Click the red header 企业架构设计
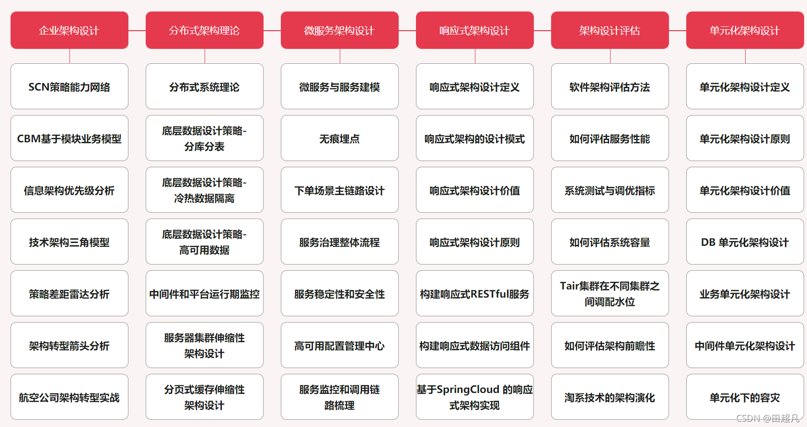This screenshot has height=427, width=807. (69, 31)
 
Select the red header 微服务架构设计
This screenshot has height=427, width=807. (339, 31)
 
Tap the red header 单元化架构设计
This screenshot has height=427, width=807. (745, 31)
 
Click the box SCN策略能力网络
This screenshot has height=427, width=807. (69, 87)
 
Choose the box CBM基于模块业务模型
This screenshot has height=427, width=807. (69, 138)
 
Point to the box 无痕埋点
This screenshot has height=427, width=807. (339, 138)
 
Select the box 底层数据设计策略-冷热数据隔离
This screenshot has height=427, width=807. (205, 190)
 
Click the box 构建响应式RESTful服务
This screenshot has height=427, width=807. (474, 294)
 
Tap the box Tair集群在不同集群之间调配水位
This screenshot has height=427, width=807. (610, 294)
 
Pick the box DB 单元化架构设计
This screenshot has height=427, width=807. (745, 242)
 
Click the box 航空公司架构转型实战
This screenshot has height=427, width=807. (69, 397)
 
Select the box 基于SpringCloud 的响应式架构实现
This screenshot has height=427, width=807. (474, 397)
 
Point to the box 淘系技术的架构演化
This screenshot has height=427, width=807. (610, 397)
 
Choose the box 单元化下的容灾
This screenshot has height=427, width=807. (745, 397)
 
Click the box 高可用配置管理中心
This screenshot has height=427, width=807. (339, 346)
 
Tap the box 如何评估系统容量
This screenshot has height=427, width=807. (610, 242)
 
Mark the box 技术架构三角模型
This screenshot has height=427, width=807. (69, 242)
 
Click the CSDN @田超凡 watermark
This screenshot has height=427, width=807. (768, 418)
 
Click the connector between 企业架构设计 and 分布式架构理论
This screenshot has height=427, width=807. (137, 31)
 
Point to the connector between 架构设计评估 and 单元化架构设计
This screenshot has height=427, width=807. (678, 31)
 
